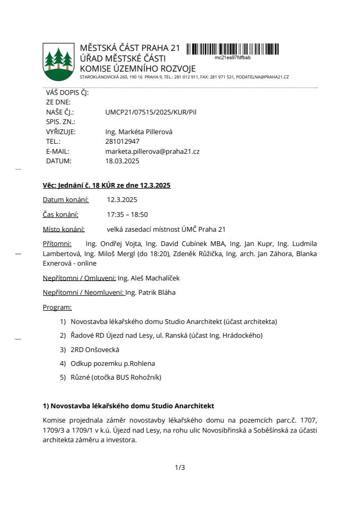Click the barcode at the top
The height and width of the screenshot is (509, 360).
[236, 49]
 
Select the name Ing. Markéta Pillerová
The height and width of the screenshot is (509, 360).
[139, 132]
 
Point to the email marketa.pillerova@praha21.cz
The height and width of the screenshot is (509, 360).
[152, 151]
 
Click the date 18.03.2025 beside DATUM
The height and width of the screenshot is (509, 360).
[122, 161]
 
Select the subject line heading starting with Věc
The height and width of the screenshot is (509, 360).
[107, 185]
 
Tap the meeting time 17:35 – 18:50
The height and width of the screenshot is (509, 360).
[127, 214]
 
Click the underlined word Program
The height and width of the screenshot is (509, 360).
[57, 307]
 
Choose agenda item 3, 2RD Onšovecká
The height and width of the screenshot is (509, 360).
[95, 349]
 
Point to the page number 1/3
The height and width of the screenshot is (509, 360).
[180, 467]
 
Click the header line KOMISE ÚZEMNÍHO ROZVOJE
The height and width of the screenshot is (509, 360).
[137, 68]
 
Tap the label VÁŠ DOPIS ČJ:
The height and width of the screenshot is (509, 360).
[67, 93]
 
